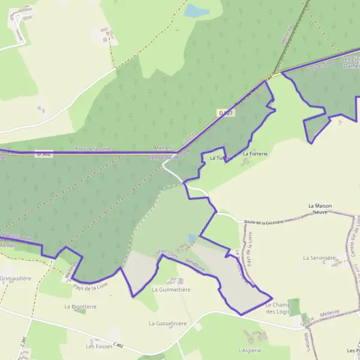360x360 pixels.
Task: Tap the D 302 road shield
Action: click(x=43, y=154)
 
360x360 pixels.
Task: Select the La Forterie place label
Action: click(x=254, y=154)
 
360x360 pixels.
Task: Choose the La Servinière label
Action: click(x=319, y=258)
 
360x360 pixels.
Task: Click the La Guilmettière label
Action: click(x=171, y=289)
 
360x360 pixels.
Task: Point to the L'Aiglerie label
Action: click(x=251, y=349)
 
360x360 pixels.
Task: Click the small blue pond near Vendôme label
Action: click(x=191, y=239)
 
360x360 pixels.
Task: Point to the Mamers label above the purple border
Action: click(x=163, y=148)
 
